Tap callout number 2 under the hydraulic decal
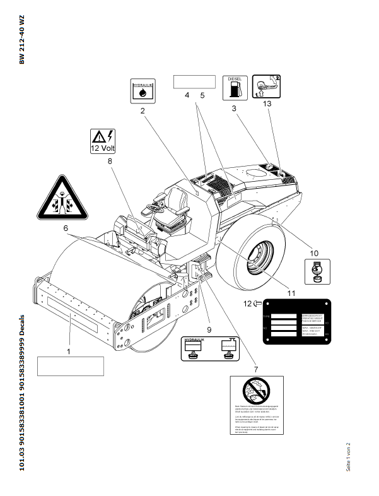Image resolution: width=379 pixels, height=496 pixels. click(x=143, y=110)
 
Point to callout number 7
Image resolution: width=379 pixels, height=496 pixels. click(x=256, y=369)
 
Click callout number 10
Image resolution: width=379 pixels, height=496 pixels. click(x=314, y=253)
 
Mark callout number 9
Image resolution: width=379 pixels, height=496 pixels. click(x=209, y=329)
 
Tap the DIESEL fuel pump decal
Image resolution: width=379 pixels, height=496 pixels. click(x=235, y=87)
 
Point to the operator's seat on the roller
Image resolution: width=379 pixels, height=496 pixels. click(x=177, y=204)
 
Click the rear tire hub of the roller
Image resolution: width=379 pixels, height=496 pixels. click(x=259, y=257)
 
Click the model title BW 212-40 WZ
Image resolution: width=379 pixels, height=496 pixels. click(x=22, y=42)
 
